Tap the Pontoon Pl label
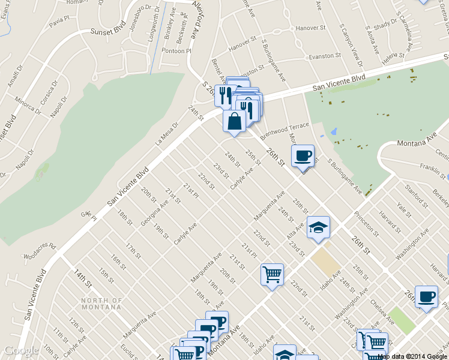click(176, 52)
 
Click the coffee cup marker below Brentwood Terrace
click(303, 155)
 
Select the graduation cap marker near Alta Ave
click(318, 227)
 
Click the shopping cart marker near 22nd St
click(272, 274)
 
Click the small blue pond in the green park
click(333, 131)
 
